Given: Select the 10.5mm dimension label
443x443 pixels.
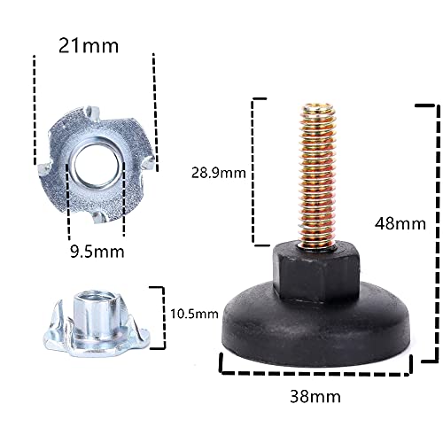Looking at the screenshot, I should click(x=193, y=314).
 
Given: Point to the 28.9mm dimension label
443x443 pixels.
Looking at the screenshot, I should click(x=219, y=174).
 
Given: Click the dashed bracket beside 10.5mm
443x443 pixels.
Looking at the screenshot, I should click(x=161, y=314).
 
